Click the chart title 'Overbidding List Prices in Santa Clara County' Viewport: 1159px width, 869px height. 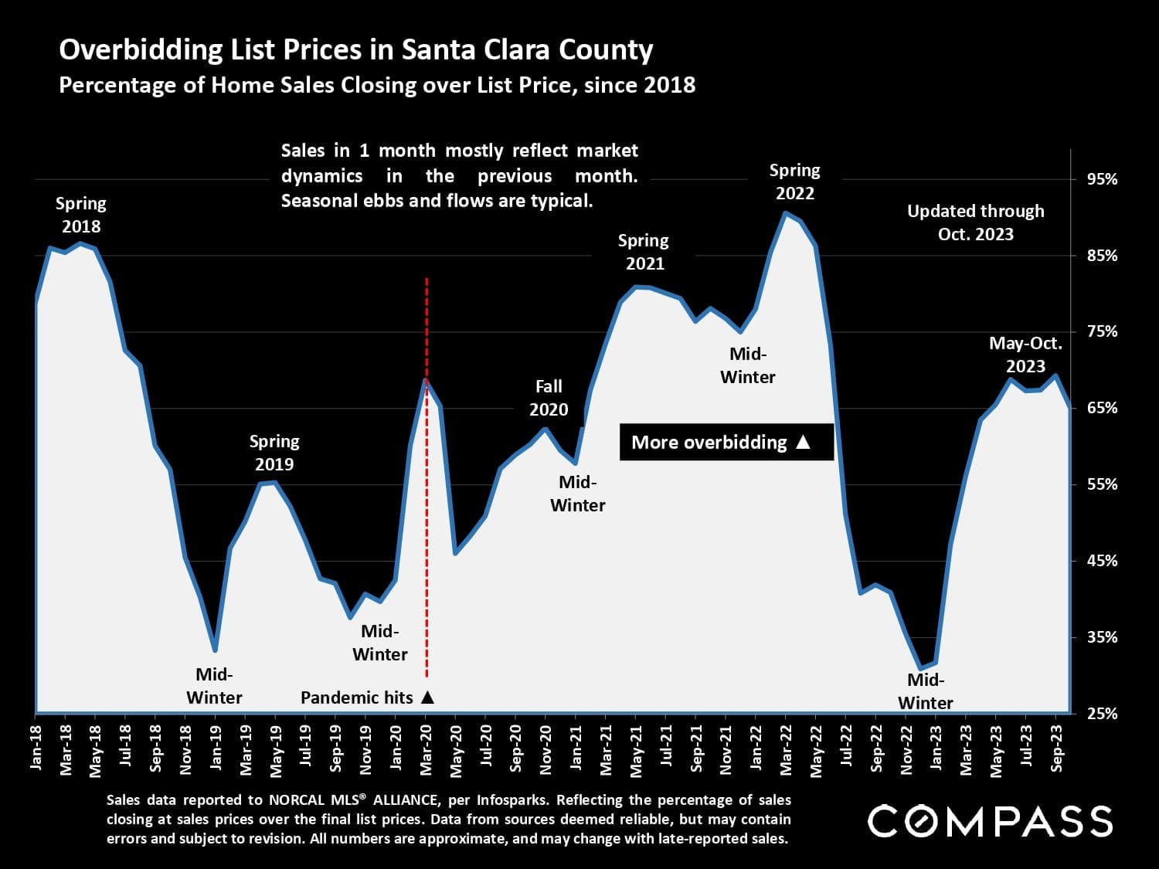coord(356,50)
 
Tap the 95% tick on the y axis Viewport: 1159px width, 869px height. coord(1102,179)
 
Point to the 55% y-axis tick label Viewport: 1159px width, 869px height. coord(1102,484)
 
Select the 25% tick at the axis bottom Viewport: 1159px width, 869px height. coord(1102,714)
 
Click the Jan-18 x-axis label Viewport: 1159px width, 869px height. coord(36,747)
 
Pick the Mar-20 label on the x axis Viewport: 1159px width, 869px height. coord(426,748)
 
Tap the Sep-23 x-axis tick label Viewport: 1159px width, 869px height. coord(1057,748)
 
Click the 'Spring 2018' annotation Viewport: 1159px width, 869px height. coord(81,215)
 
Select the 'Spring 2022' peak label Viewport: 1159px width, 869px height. coord(794,182)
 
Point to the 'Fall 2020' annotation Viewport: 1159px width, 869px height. coord(549,398)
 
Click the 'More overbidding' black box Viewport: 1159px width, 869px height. coord(726,442)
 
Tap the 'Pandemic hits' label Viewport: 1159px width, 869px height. coord(367,698)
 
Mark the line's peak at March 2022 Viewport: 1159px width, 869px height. coord(785,213)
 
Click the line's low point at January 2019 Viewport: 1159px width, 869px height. coord(215,650)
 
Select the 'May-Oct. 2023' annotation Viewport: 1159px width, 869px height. coord(1025,355)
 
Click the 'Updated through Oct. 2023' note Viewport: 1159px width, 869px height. coord(975,222)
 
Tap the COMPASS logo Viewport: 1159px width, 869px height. coord(990,820)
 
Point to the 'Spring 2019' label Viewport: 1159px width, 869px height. coord(274,453)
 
